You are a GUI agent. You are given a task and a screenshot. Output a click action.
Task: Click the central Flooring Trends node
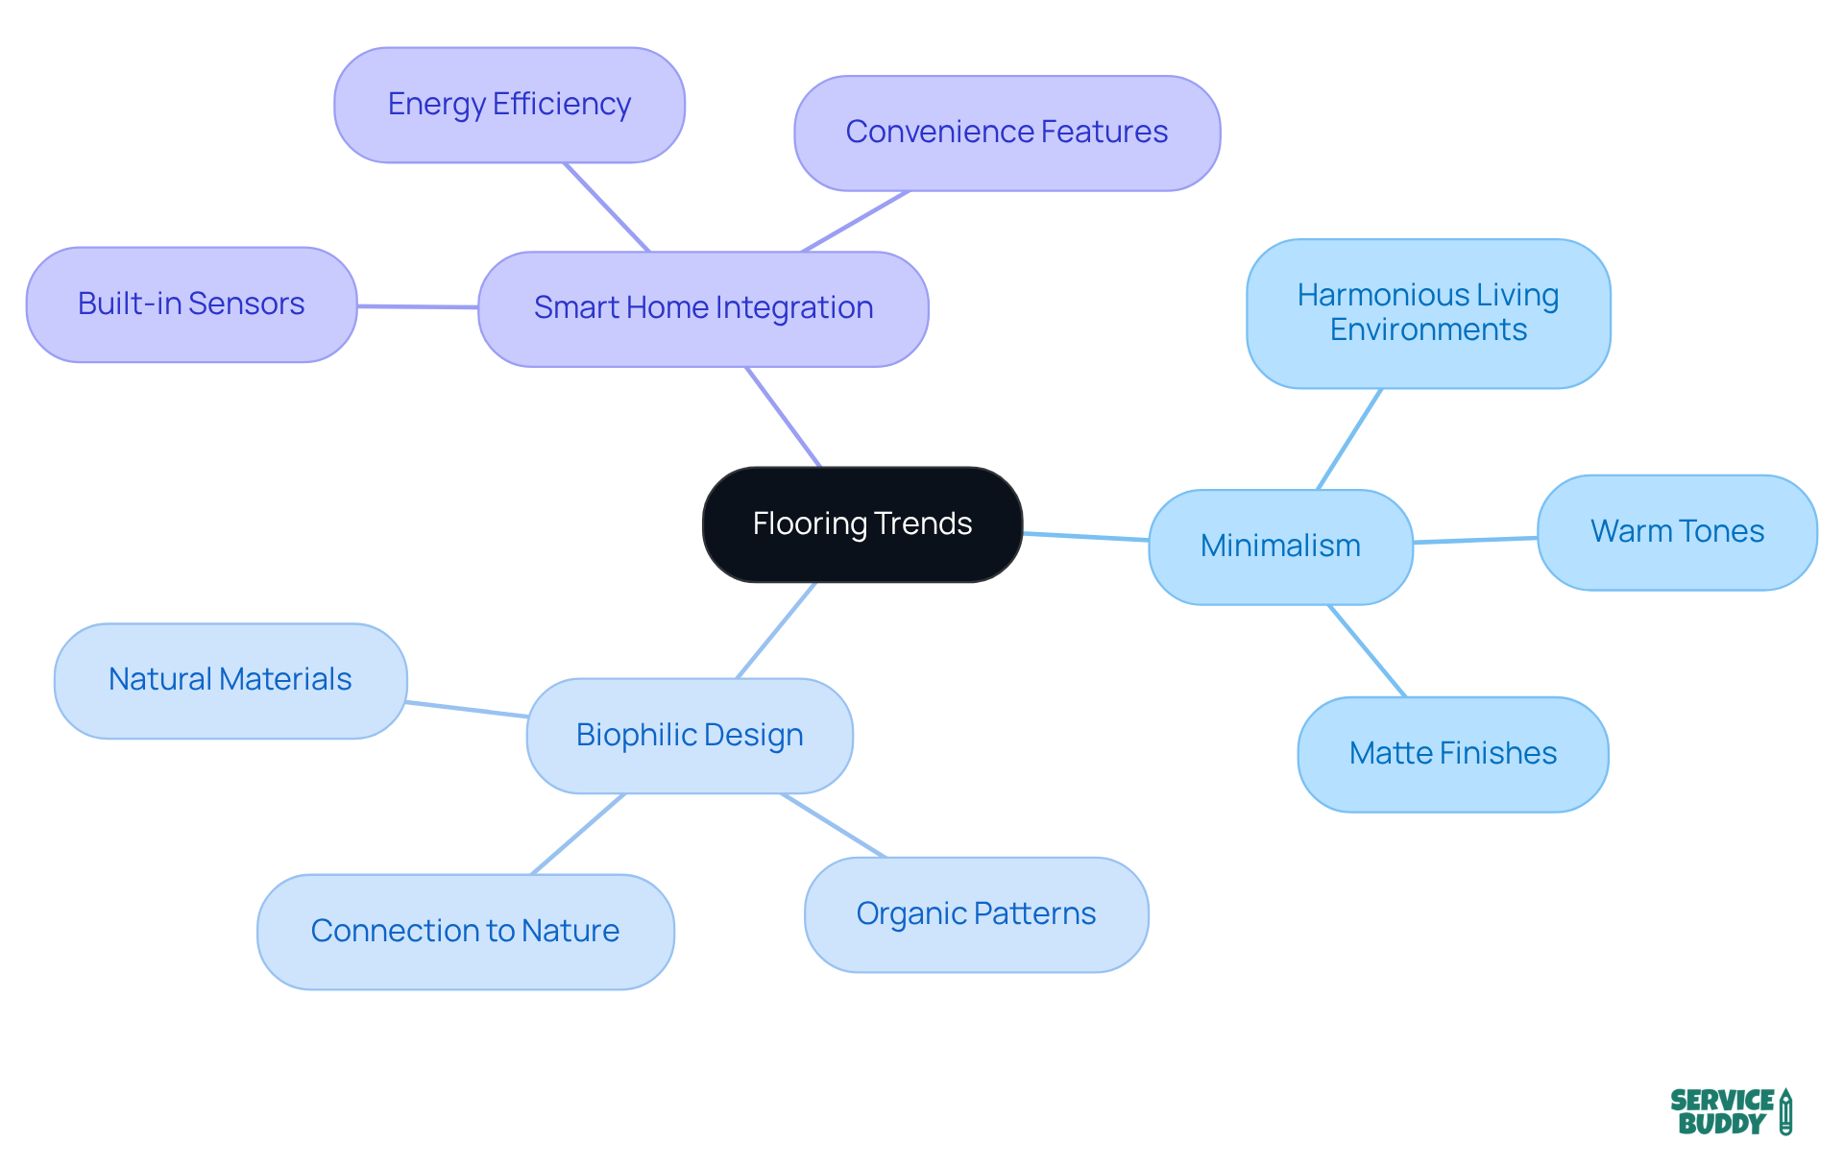point(861,524)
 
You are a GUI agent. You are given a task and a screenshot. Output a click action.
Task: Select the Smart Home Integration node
point(703,308)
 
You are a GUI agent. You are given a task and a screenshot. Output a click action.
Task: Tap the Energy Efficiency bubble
point(509,105)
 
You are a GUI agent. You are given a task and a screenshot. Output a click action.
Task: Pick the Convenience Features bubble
point(1007,133)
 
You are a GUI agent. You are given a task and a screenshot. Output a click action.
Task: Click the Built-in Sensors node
point(191,304)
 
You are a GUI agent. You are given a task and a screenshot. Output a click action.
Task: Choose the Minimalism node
point(1280,547)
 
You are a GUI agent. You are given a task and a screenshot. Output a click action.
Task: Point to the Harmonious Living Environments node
point(1428,313)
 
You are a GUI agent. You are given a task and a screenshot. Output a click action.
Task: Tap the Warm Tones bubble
point(1677,532)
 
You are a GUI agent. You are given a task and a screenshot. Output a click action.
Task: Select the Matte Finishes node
point(1452,754)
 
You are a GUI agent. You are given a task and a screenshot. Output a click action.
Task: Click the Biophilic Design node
point(690,736)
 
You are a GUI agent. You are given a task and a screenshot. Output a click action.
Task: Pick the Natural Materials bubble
point(230,680)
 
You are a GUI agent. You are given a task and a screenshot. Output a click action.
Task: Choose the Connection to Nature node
point(465,932)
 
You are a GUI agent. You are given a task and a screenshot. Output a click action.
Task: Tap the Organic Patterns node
point(976,914)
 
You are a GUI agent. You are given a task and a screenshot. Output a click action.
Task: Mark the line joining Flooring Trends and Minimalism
point(1085,536)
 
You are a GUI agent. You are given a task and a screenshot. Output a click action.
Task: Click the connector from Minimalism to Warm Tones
point(1475,540)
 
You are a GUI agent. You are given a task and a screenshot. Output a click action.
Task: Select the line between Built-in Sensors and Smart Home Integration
point(418,306)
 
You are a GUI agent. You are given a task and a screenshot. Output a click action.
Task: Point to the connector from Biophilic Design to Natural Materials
point(467,709)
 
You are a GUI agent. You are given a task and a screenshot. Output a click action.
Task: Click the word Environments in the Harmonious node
point(1428,330)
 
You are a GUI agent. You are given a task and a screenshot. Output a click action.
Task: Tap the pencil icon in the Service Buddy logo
point(1785,1112)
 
